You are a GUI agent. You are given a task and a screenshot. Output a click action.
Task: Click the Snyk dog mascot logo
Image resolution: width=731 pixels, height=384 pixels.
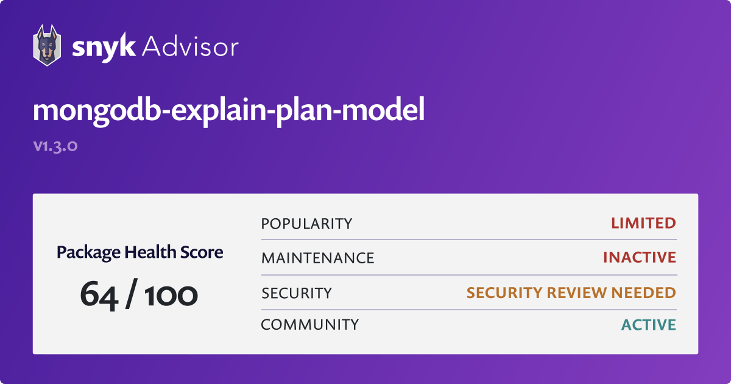pos(46,46)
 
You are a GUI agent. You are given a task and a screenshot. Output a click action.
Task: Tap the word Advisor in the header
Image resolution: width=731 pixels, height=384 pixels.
pos(190,46)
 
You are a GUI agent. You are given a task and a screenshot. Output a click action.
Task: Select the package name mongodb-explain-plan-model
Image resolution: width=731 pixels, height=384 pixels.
pos(228,111)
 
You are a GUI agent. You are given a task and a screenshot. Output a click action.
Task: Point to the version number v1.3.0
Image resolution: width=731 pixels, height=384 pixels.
pos(55,146)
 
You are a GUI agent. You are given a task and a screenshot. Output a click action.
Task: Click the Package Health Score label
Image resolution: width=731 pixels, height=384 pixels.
pos(140,252)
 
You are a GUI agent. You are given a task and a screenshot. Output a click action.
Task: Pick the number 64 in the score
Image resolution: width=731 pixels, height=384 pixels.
pos(100,294)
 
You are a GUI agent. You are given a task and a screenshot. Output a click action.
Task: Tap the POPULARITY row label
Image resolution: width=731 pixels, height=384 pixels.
pos(306,224)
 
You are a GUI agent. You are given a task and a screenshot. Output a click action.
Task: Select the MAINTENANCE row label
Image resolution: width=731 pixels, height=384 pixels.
pos(317,258)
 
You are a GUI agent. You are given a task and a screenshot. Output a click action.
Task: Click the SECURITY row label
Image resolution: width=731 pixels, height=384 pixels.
pos(297,293)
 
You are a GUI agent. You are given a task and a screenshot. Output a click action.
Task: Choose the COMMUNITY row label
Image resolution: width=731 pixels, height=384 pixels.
pos(309,324)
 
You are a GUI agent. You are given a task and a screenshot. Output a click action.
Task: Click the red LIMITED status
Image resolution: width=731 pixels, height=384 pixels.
pos(643,223)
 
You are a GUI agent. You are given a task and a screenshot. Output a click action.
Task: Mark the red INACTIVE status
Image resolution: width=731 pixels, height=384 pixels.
pos(640,258)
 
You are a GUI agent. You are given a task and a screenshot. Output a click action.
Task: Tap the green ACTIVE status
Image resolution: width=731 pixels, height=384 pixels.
pos(649,324)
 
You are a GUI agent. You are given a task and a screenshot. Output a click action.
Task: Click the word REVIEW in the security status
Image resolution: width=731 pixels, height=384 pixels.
pos(571,293)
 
